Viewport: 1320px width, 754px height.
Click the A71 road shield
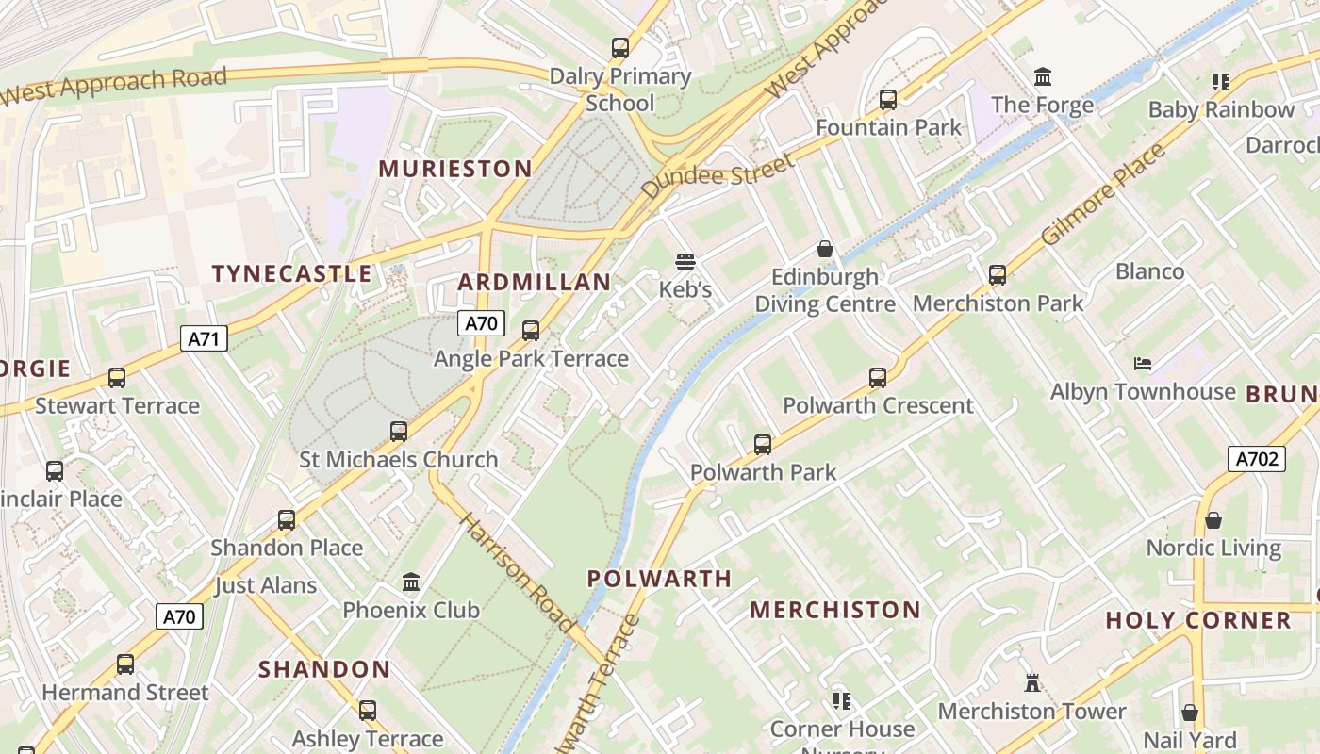204,338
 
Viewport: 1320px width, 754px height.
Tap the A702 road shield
1257,459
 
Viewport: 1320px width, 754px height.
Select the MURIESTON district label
455,169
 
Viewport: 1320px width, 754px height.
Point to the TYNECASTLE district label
291,273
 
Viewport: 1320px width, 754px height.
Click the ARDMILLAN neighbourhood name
535,282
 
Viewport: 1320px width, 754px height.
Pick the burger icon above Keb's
685,261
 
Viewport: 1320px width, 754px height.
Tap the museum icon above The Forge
1043,76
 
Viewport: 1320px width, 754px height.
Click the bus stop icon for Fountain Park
887,99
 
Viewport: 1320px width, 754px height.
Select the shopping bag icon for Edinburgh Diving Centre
825,249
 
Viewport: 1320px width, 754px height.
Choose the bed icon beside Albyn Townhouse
1143,363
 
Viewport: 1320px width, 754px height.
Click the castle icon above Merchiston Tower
1032,682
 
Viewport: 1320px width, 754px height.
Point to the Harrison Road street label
517,572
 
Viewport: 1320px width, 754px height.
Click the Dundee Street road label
718,176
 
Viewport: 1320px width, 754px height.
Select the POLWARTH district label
659,579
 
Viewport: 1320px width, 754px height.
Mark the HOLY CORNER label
1198,620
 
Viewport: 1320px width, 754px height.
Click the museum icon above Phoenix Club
411,582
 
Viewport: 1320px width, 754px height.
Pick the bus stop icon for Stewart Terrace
117,378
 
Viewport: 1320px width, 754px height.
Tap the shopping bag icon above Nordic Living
1213,520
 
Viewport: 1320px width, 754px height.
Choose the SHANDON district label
324,669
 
